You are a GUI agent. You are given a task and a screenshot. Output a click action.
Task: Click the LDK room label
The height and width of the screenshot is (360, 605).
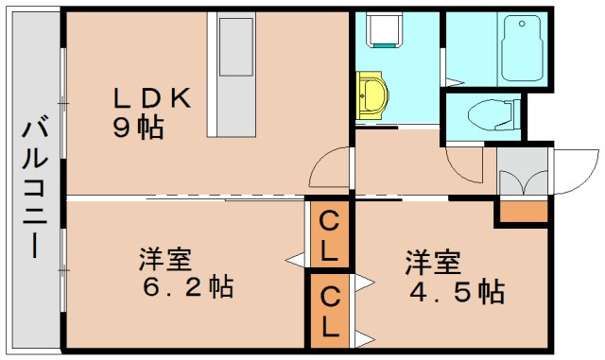point(153,98)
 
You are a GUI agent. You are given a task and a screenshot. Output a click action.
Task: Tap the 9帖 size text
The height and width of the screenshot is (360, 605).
point(138,129)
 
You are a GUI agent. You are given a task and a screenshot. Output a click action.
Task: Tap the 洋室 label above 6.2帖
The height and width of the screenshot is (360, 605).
point(166,257)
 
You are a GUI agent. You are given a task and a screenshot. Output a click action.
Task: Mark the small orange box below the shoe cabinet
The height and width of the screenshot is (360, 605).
point(522,213)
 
